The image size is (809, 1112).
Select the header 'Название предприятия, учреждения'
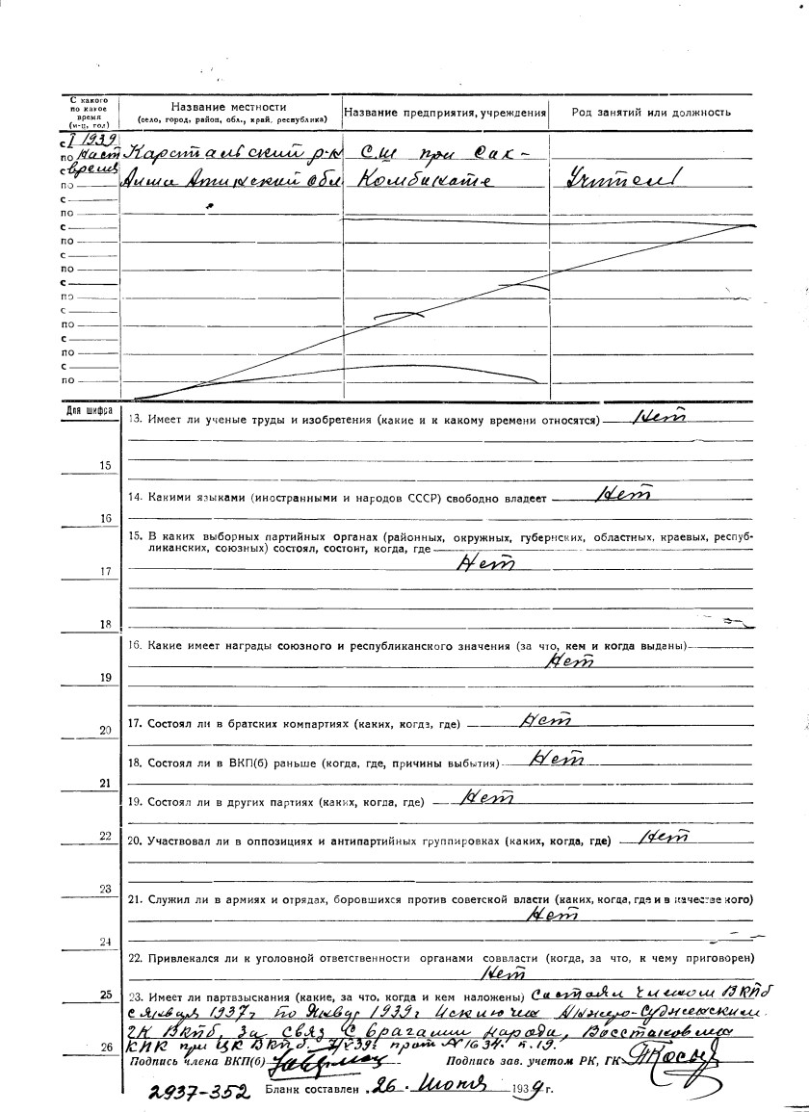(x=445, y=113)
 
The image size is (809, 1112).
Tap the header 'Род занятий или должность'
(x=650, y=113)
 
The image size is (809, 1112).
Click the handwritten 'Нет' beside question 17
(x=545, y=719)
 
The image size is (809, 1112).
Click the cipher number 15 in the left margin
(x=105, y=465)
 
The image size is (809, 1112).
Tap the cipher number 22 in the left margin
(x=105, y=836)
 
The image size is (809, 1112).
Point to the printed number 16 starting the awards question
(x=134, y=643)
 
